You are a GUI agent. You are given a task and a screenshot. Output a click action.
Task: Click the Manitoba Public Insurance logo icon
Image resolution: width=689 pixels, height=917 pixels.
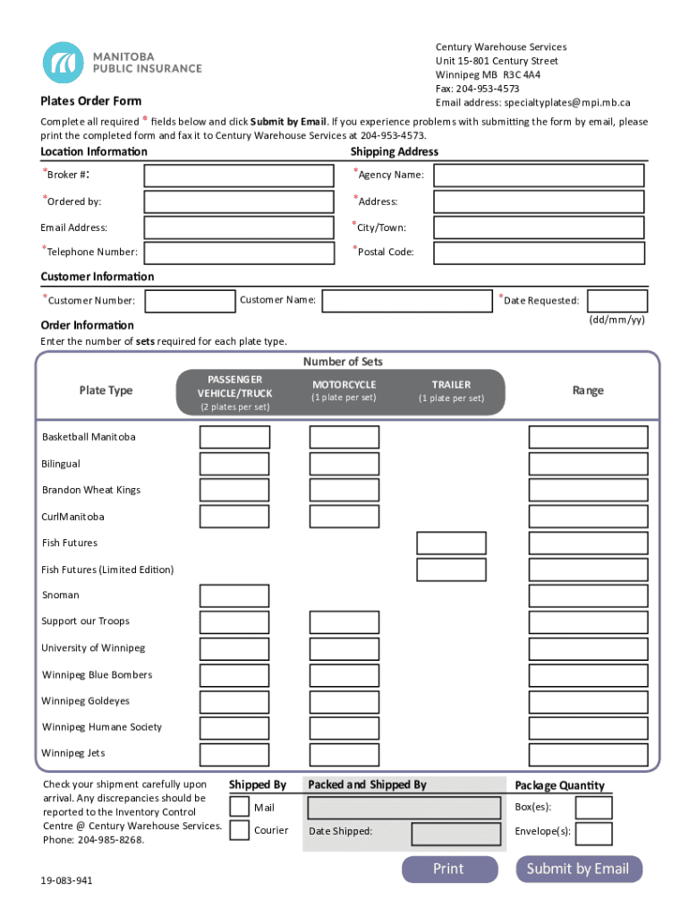pyautogui.click(x=64, y=63)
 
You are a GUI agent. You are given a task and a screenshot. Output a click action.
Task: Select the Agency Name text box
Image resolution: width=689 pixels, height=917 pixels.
pyautogui.click(x=539, y=176)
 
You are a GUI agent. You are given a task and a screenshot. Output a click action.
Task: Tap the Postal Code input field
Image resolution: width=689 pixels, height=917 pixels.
pyautogui.click(x=539, y=253)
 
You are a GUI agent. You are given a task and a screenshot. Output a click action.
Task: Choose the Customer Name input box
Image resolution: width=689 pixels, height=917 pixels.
pyautogui.click(x=407, y=301)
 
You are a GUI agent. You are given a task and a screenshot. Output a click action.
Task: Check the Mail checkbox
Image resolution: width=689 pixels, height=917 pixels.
pyautogui.click(x=240, y=807)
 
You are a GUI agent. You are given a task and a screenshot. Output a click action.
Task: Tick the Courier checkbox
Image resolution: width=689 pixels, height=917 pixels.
pyautogui.click(x=240, y=830)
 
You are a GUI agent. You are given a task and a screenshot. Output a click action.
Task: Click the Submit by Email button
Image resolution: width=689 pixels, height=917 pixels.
pyautogui.click(x=578, y=869)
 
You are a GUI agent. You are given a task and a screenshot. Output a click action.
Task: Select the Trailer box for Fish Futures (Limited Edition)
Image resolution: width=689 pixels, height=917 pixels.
pyautogui.click(x=451, y=570)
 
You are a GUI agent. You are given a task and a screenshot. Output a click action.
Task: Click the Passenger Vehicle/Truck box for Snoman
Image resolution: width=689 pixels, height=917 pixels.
pyautogui.click(x=234, y=596)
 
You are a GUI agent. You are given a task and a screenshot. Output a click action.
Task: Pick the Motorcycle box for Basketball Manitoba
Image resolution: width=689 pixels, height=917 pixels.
pyautogui.click(x=344, y=437)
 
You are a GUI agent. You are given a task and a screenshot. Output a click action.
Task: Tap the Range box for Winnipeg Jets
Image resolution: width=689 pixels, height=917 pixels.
pyautogui.click(x=588, y=754)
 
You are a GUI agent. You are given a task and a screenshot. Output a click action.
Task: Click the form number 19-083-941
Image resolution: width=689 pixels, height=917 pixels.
pyautogui.click(x=66, y=881)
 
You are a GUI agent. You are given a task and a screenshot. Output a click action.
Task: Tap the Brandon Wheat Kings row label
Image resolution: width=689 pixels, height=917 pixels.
pyautogui.click(x=91, y=490)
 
